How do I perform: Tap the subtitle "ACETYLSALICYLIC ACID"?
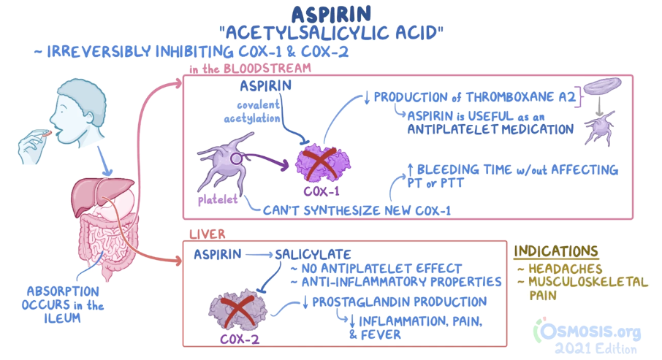[x=331, y=33]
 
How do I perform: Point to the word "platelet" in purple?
[x=217, y=199]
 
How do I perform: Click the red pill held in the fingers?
[x=45, y=134]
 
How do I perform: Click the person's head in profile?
[x=76, y=110]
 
